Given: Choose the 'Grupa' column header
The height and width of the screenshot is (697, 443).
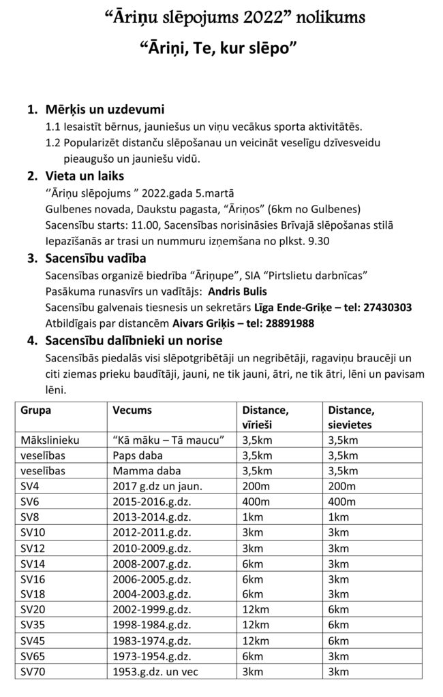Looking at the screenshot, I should (36, 410).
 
